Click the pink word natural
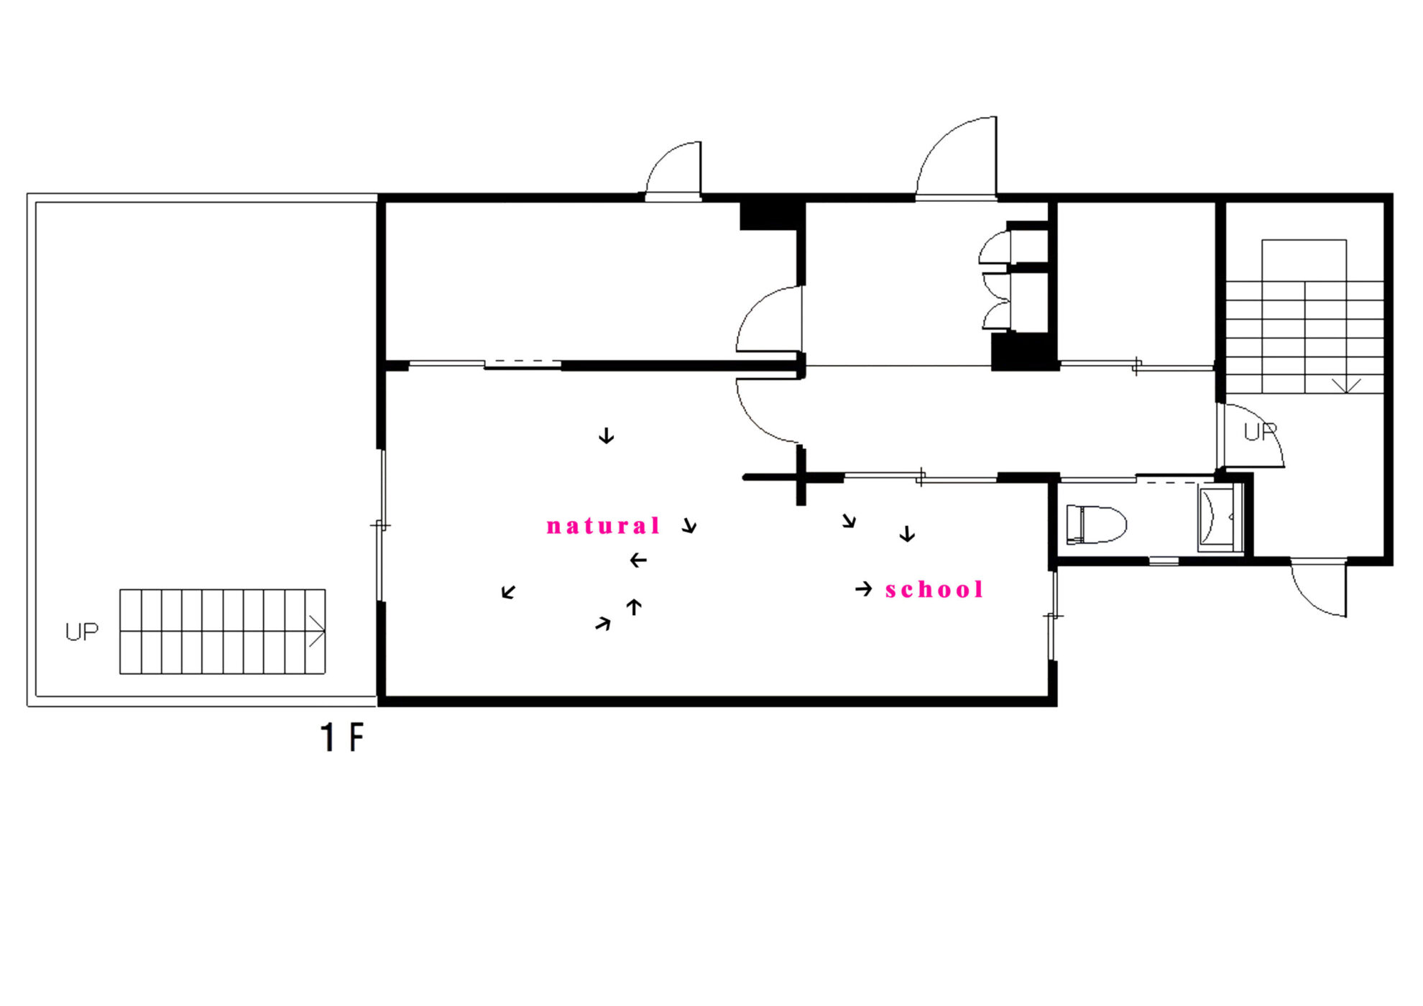coord(603,526)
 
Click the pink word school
coord(934,590)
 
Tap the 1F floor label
coord(342,738)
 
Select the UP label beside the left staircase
coord(82,632)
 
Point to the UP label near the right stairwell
coord(1261,431)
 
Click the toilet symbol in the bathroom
coord(1096,524)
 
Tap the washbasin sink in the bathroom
coord(1220,518)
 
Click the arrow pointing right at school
coord(864,589)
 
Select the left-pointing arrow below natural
coord(638,560)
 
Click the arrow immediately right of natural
coord(690,525)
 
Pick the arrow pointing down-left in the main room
coord(509,591)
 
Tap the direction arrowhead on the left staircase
coord(317,631)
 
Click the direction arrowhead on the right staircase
coord(1346,386)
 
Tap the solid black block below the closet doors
coord(1023,352)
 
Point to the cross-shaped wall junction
coord(801,476)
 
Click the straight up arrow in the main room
coord(634,607)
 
